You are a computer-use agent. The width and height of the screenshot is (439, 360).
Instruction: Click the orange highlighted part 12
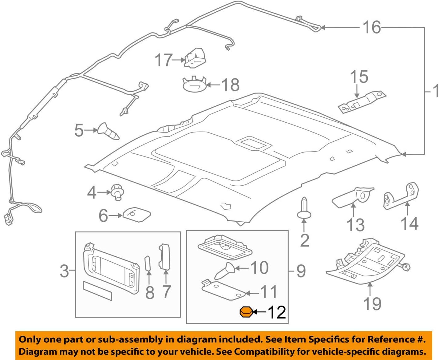(246, 312)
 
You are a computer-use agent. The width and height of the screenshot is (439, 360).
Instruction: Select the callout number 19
(372, 303)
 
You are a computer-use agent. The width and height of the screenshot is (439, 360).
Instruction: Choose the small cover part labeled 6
(137, 214)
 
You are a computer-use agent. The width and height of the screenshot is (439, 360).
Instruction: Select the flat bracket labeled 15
(362, 102)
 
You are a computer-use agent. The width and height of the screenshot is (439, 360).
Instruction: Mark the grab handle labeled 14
(401, 197)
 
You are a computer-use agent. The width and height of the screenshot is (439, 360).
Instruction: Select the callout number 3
(64, 271)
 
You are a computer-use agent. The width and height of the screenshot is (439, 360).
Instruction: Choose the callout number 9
(301, 271)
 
